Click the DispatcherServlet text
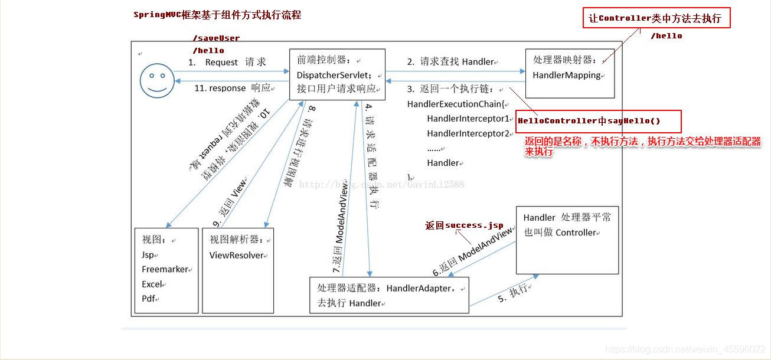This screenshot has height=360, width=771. point(334,75)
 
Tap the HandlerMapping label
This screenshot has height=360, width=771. point(567,76)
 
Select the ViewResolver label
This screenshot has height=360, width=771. point(238,256)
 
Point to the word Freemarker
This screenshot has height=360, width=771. point(165,270)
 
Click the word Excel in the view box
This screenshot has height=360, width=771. point(152,284)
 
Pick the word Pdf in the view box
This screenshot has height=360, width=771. point(149,299)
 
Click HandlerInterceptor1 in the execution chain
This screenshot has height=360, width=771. point(468,119)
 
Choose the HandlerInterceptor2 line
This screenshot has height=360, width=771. point(468,134)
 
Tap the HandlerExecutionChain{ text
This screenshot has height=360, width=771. point(449,104)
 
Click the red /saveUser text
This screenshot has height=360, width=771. point(216,38)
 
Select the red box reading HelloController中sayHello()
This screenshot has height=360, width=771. point(598,121)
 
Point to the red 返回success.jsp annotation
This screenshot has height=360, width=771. point(465,225)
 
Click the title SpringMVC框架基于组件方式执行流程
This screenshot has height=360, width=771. point(217,15)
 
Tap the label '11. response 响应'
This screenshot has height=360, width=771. point(232,88)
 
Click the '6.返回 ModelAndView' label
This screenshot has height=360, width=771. point(473,253)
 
